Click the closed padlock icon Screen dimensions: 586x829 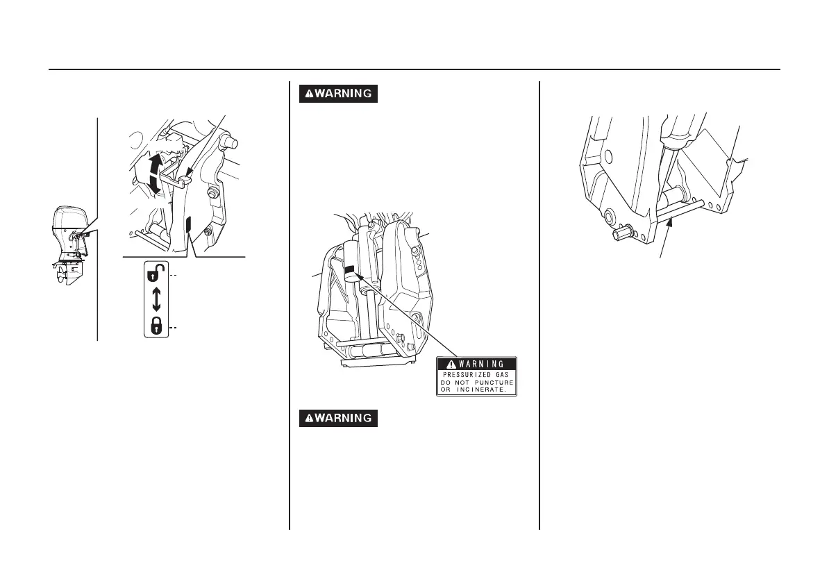pyautogui.click(x=156, y=325)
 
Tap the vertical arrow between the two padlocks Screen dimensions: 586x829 pyautogui.click(x=156, y=299)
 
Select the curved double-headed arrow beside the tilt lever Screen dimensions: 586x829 pyautogui.click(x=155, y=174)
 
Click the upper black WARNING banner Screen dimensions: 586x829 pyautogui.click(x=338, y=94)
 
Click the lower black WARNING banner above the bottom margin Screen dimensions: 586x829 pyautogui.click(x=338, y=418)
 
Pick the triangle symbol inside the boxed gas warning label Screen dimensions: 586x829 pyautogui.click(x=451, y=364)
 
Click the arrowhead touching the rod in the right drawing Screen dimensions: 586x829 pyautogui.click(x=667, y=223)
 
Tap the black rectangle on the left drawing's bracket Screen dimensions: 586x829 pyautogui.click(x=188, y=225)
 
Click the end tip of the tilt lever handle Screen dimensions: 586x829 pyautogui.click(x=182, y=183)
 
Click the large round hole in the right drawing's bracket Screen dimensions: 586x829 pyautogui.click(x=608, y=156)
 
